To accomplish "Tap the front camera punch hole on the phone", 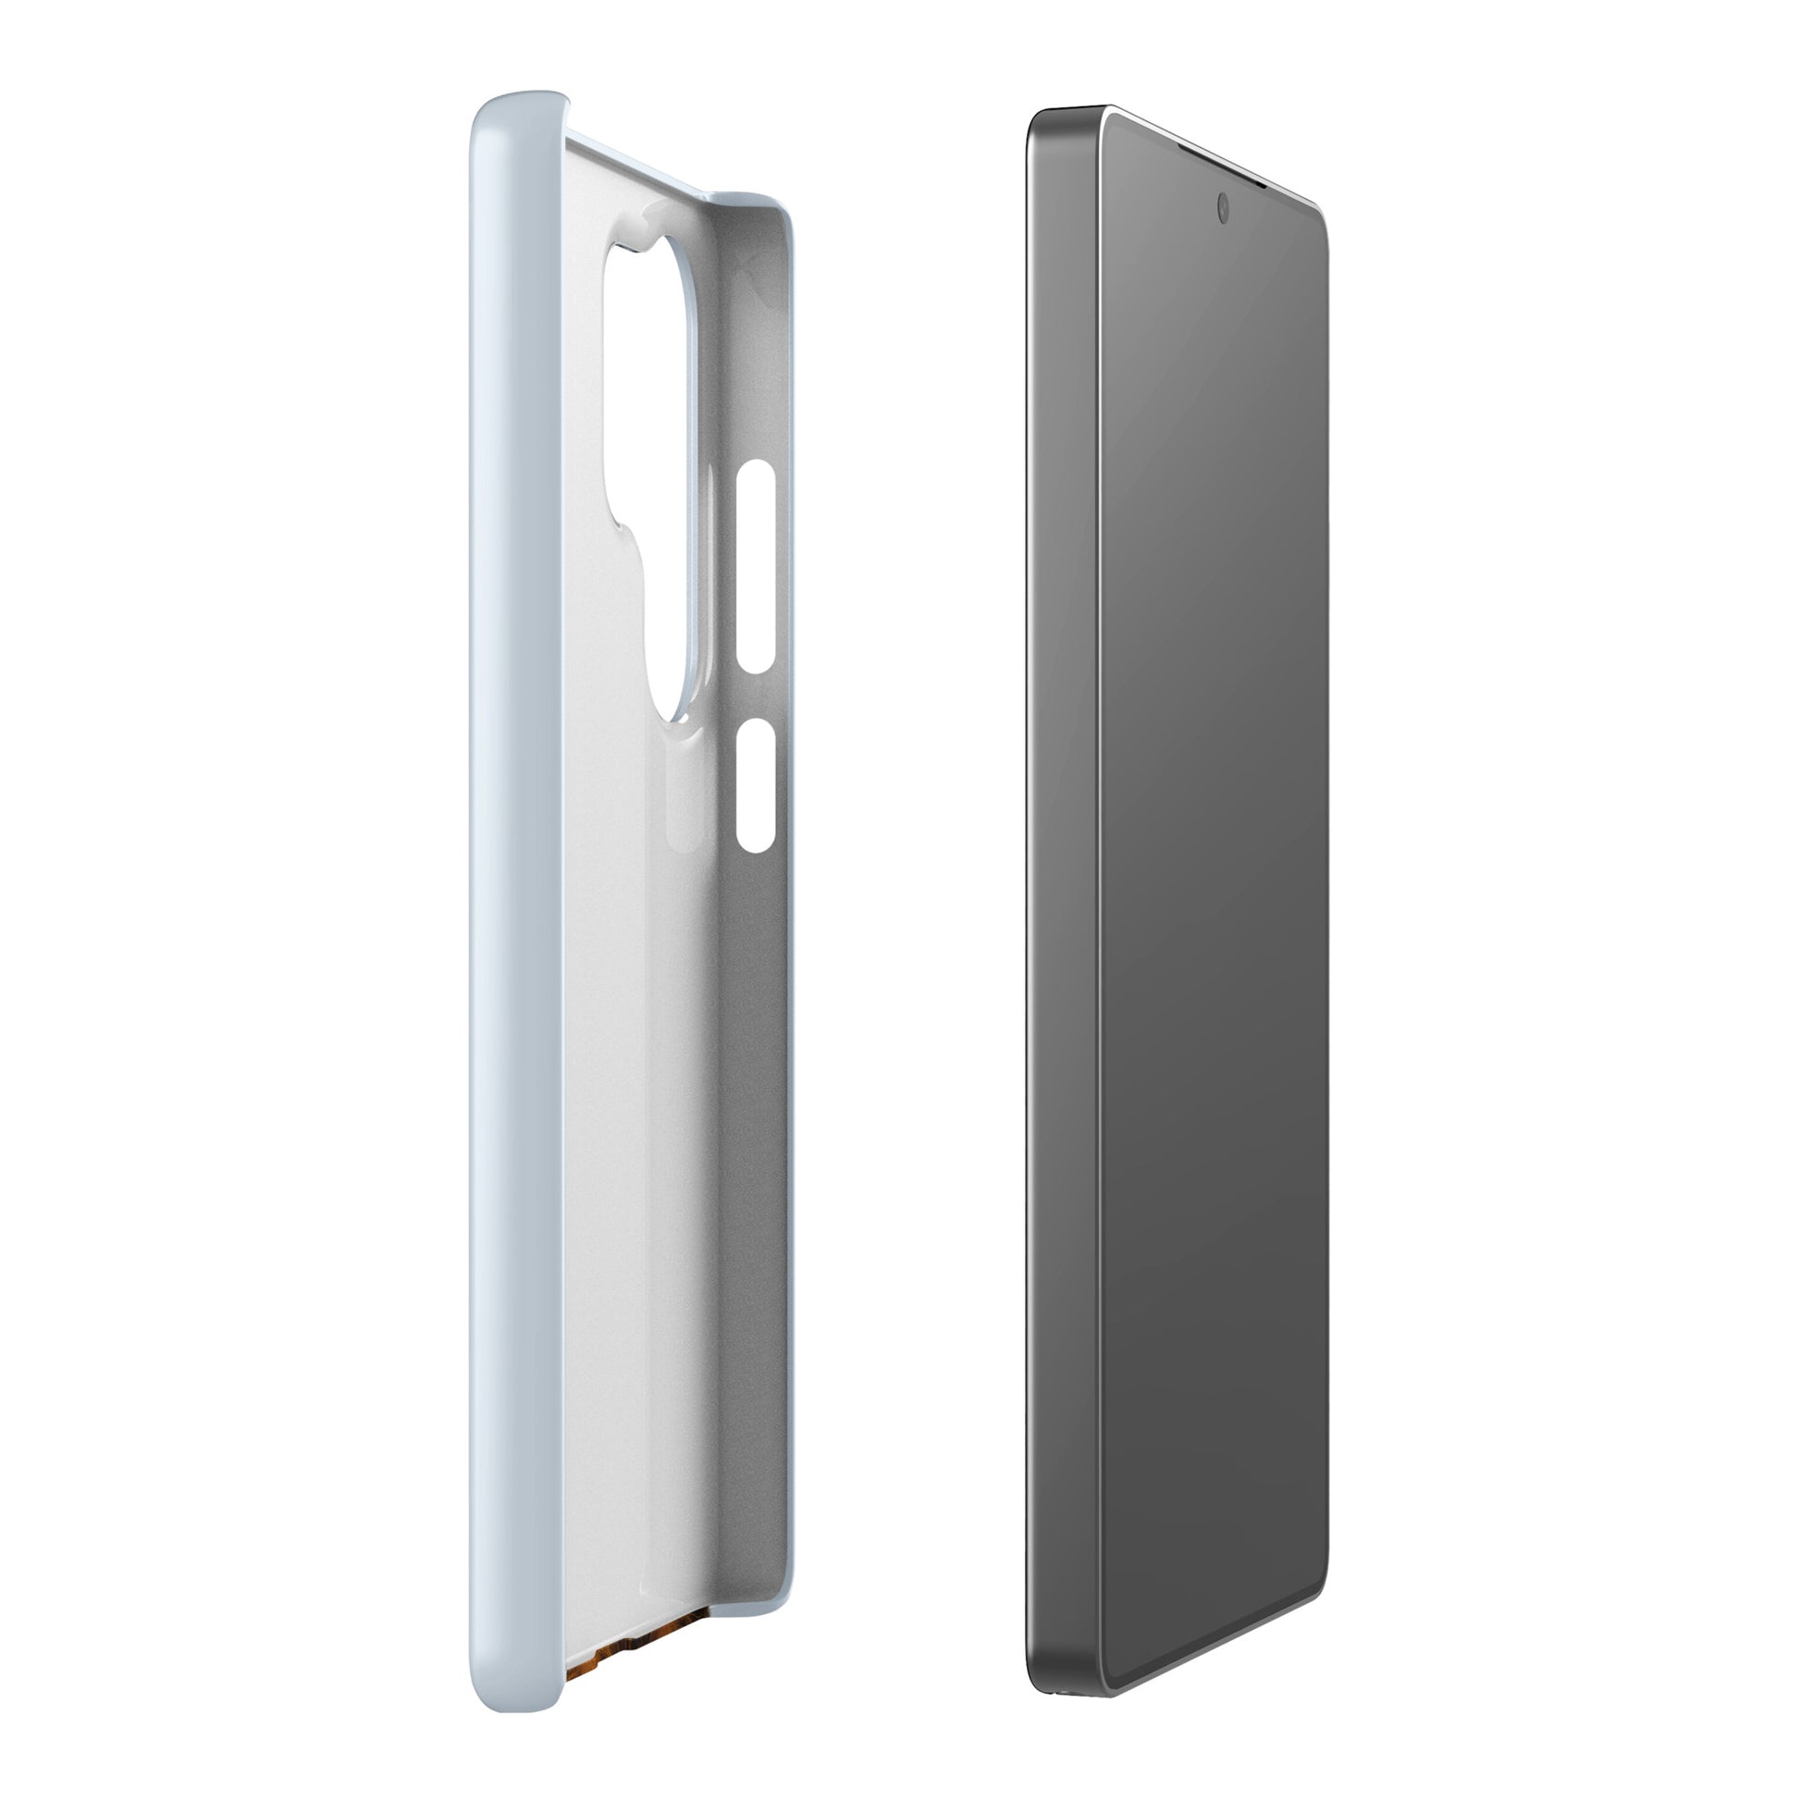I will point(1223,209).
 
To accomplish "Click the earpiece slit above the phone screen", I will point(1221,168).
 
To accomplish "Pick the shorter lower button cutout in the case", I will point(756,784).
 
